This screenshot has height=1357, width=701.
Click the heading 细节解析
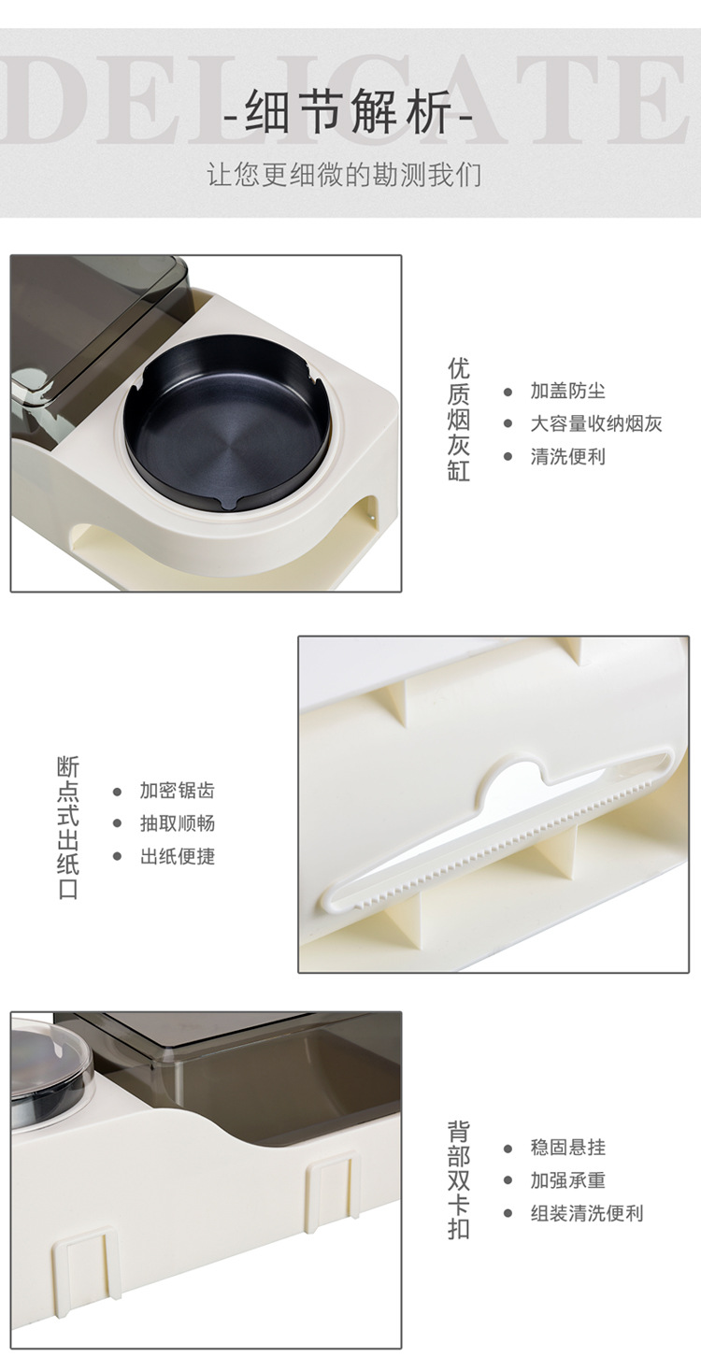pos(350,117)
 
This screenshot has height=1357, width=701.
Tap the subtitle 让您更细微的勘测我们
pos(344,175)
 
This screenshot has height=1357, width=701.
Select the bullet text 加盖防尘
pos(567,391)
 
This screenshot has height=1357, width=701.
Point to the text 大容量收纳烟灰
pos(595,423)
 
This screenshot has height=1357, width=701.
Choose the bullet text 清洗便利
pos(567,456)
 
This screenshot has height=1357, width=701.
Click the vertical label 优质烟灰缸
pos(458,419)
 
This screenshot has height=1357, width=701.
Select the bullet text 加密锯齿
pos(177,791)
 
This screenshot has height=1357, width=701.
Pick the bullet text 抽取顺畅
pos(177,823)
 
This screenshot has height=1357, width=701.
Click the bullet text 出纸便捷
pos(177,856)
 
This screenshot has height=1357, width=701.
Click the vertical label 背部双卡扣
pos(458,1179)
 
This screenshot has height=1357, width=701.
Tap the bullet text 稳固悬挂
pos(567,1148)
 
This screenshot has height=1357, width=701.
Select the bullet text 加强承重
pos(567,1180)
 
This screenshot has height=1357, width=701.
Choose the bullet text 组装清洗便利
pos(586,1213)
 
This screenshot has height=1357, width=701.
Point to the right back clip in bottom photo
pos(333,1189)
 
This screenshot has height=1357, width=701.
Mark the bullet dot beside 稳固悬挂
pos(508,1148)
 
